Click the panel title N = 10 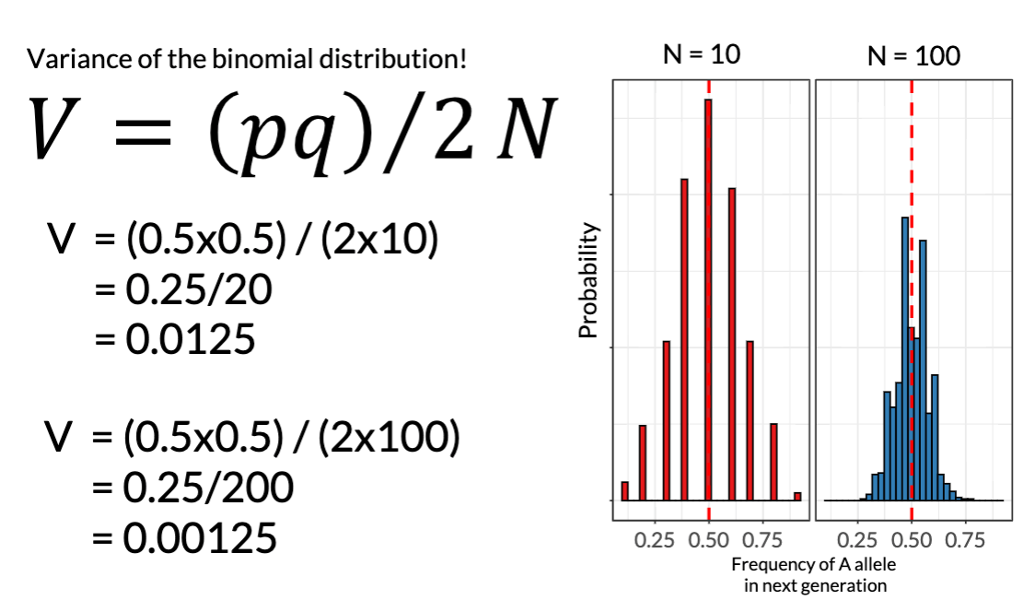tap(701, 55)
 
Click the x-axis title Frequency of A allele tap(814, 564)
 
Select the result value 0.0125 tap(189, 341)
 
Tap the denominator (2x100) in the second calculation tap(389, 437)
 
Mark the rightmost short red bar tap(797, 496)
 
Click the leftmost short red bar tap(624, 490)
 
